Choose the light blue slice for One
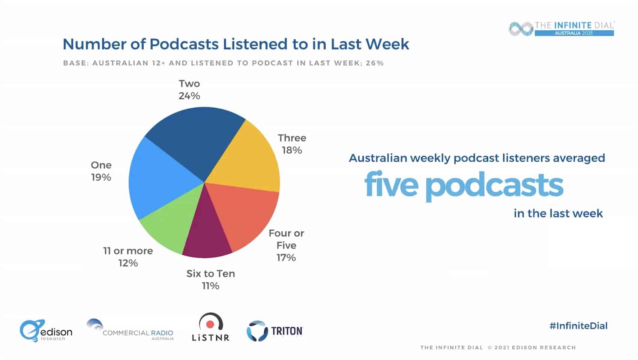pyautogui.click(x=158, y=180)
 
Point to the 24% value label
pyautogui.click(x=189, y=96)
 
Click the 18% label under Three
pyautogui.click(x=292, y=150)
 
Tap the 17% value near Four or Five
pyautogui.click(x=286, y=258)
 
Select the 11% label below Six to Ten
pyautogui.click(x=210, y=286)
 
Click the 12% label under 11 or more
pyautogui.click(x=128, y=263)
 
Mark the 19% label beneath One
pyautogui.click(x=101, y=177)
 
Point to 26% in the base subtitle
pyautogui.click(x=375, y=63)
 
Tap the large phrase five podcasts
pyautogui.click(x=464, y=185)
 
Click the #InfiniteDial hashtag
pyautogui.click(x=578, y=325)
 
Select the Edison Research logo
pyautogui.click(x=46, y=331)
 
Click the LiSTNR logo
pyautogui.click(x=210, y=327)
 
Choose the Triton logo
pyautogui.click(x=275, y=331)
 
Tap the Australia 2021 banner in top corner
pyautogui.click(x=573, y=33)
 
